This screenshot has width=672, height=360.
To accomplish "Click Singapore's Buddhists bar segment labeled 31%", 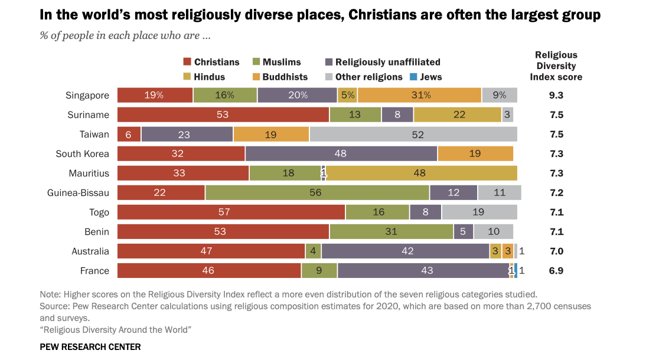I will pyautogui.click(x=419, y=95).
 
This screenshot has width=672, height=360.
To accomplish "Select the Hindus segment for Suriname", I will pyautogui.click(x=458, y=114).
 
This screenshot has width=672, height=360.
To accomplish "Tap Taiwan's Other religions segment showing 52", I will pyautogui.click(x=413, y=134).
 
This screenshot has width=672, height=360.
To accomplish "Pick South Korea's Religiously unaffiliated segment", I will pyautogui.click(x=341, y=153).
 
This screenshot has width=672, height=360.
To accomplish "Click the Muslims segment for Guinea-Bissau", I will pyautogui.click(x=317, y=192).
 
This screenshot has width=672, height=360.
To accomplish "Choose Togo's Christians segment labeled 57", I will pyautogui.click(x=231, y=212).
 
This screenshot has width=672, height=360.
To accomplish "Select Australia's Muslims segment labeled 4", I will pyautogui.click(x=313, y=251).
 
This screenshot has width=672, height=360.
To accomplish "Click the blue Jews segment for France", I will pyautogui.click(x=516, y=270).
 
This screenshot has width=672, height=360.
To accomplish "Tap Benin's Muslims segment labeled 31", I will pyautogui.click(x=391, y=231).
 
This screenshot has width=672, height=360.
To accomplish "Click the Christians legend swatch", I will pyautogui.click(x=187, y=62).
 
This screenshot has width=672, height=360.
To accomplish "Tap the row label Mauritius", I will pyautogui.click(x=89, y=173).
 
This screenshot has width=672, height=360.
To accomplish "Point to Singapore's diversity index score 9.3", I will pyautogui.click(x=556, y=95).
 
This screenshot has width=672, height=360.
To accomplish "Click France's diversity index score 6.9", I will pyautogui.click(x=556, y=270).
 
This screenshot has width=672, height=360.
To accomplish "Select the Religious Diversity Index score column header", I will pyautogui.click(x=556, y=66).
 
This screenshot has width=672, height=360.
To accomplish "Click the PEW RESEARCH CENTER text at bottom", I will pyautogui.click(x=90, y=346).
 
